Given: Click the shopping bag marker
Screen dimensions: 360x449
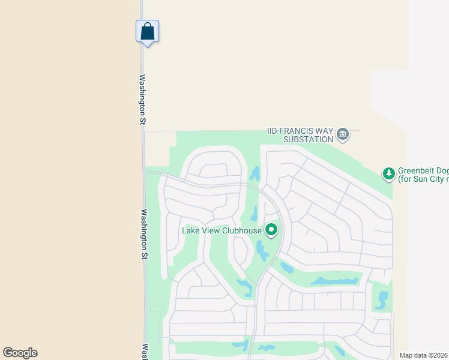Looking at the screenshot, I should [x=147, y=32].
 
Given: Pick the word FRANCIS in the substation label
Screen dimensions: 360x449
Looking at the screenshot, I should [x=298, y=131].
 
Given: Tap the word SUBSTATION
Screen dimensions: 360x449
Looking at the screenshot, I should [x=308, y=139].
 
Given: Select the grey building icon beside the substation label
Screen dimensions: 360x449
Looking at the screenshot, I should [x=343, y=134].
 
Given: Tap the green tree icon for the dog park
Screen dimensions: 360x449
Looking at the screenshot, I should [x=389, y=174].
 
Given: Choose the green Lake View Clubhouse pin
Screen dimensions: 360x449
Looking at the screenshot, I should [x=272, y=230].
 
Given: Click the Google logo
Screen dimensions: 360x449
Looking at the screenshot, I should [x=20, y=353].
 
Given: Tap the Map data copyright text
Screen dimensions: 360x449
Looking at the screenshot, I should [x=424, y=355].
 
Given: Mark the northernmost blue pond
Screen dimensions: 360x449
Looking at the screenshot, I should [x=255, y=174].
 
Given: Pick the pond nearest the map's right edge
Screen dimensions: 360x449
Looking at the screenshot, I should [x=383, y=299].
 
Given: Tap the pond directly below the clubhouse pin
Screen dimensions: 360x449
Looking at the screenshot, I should [x=262, y=250].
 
